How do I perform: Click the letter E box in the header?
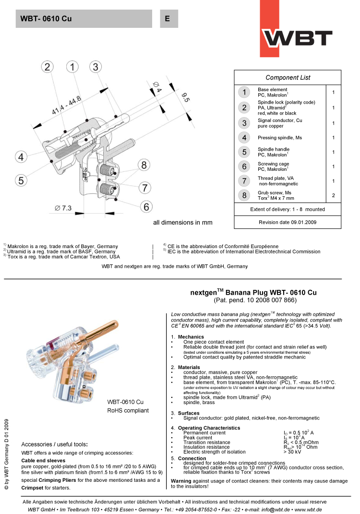(x=168, y=19)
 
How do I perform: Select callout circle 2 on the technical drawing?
(x=47, y=67)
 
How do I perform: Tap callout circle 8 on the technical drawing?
(x=143, y=165)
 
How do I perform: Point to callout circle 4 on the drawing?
(x=21, y=156)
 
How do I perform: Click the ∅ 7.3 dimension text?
(x=63, y=208)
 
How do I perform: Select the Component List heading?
(x=288, y=77)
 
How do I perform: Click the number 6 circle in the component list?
(x=244, y=167)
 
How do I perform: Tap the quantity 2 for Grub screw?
(x=333, y=195)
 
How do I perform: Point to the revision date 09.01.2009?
(x=288, y=222)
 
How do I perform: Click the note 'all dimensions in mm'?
(x=182, y=223)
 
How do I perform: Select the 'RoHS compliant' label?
(x=128, y=410)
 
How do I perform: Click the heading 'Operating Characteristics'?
(x=209, y=428)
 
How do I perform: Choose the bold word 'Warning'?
(x=181, y=480)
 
